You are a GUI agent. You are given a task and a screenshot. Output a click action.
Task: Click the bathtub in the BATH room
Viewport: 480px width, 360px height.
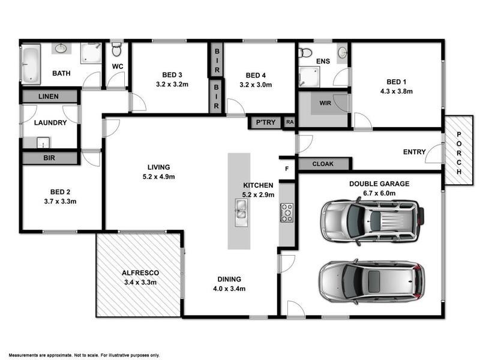coord(30,64)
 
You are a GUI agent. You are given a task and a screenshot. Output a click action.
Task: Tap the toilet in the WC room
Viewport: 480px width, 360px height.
coord(116,49)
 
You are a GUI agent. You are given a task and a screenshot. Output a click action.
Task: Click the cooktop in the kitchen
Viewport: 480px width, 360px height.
coord(287,212)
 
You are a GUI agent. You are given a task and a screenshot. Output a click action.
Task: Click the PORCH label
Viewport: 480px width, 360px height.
coord(459,153)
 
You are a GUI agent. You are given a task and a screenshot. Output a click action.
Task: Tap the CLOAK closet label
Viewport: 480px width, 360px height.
coord(323,164)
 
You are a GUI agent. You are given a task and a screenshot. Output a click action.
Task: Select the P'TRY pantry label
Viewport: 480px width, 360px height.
coord(265,122)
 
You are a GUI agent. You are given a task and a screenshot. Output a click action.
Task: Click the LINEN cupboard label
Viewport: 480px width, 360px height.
coord(49,96)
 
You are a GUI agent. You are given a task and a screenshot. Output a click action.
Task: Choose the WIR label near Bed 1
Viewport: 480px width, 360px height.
coord(325,103)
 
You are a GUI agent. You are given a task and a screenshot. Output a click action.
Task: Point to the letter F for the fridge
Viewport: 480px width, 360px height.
coord(287,169)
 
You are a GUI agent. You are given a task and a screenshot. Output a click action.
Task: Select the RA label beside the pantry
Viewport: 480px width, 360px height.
coord(290,122)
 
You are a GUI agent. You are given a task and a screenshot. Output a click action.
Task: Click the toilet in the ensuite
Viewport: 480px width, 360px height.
coord(305,52)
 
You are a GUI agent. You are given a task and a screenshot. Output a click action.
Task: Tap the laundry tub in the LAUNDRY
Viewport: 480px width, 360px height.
coord(43,142)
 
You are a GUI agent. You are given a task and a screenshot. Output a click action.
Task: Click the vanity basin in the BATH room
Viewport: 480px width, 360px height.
coord(62,49)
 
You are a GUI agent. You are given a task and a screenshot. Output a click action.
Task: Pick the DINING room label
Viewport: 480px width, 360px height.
coord(230,279)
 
